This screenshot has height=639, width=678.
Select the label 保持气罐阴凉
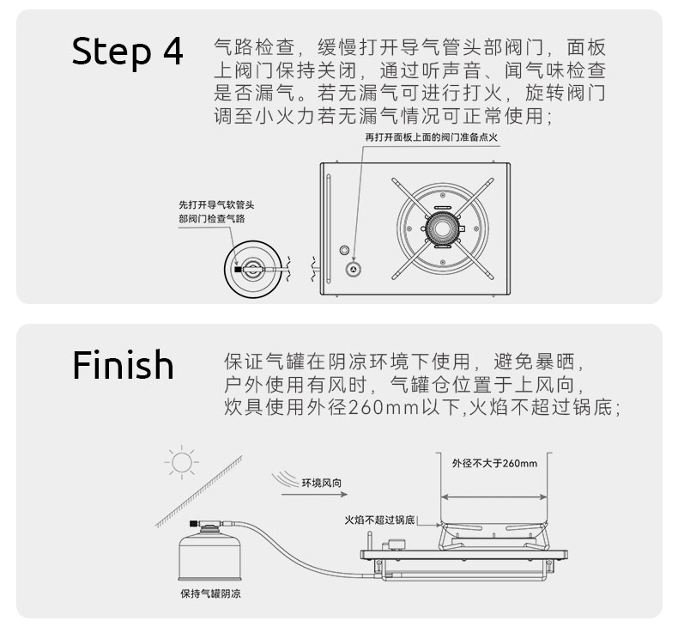210,593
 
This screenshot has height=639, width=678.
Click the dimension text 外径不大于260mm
494,463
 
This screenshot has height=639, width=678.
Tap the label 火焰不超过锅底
379,520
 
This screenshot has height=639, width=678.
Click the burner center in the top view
443,228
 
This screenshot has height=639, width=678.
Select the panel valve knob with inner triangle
352,269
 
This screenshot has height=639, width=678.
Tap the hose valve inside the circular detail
251,268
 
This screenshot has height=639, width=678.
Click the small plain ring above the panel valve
345,250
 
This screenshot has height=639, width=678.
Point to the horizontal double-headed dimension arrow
494,496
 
